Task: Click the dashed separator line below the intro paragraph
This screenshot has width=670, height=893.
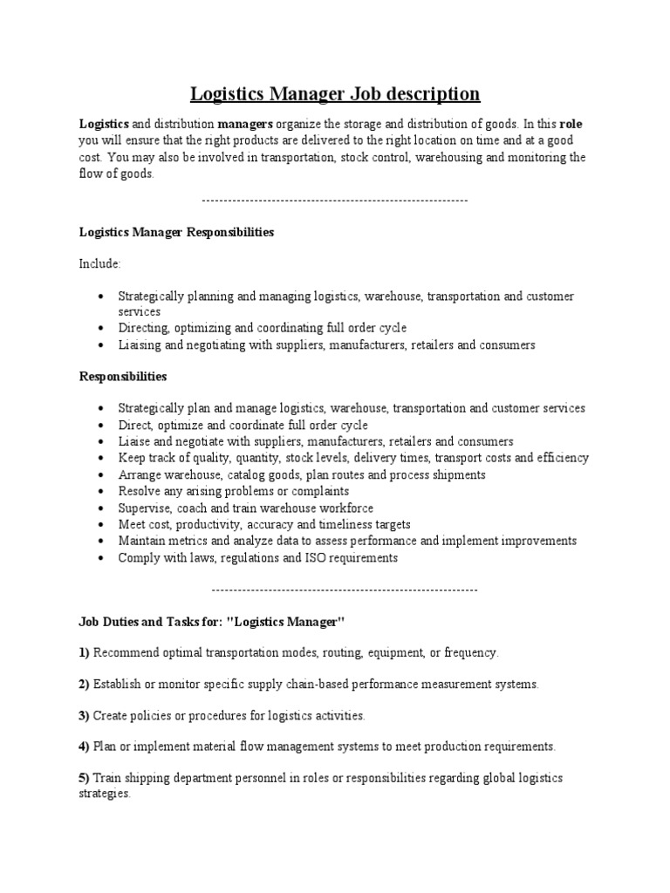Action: coord(335,201)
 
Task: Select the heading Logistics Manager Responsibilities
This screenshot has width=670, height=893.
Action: coord(177,233)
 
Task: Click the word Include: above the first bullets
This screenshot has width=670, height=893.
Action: coord(100,263)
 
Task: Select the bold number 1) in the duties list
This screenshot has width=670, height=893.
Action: coord(85,652)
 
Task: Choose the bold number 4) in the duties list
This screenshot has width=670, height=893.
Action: coord(85,746)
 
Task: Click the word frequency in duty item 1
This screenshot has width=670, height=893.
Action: coord(470,652)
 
